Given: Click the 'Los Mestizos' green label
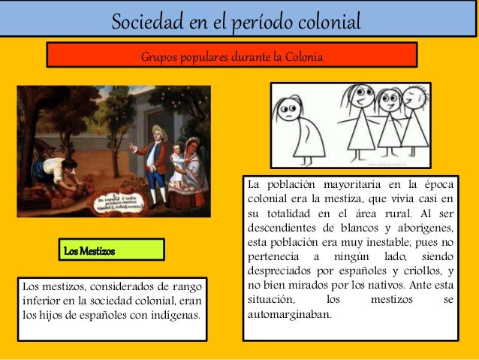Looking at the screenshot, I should click(90, 250).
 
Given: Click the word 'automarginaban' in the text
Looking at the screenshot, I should click(288, 313).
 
